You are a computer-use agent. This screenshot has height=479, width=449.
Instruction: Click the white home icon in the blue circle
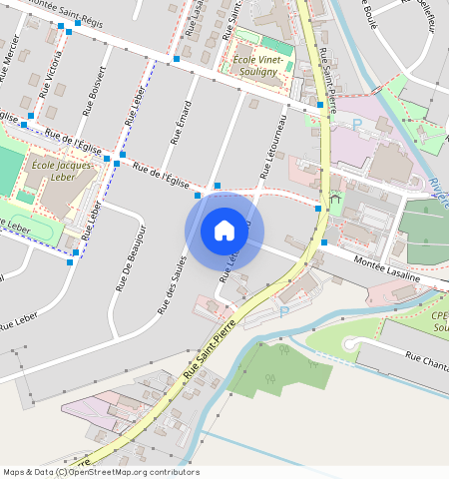pyautogui.click(x=224, y=231)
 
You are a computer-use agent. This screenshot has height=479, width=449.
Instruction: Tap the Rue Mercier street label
pyautogui.click(x=10, y=61)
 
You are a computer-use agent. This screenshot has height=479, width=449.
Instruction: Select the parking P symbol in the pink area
pyautogui.click(x=357, y=124)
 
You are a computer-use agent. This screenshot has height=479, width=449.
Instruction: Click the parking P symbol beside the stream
pyautogui.click(x=282, y=311)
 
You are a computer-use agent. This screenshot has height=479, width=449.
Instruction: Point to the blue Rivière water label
pyautogui.click(x=439, y=190)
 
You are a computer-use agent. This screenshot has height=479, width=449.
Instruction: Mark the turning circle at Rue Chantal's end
pyautogui.click(x=350, y=344)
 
